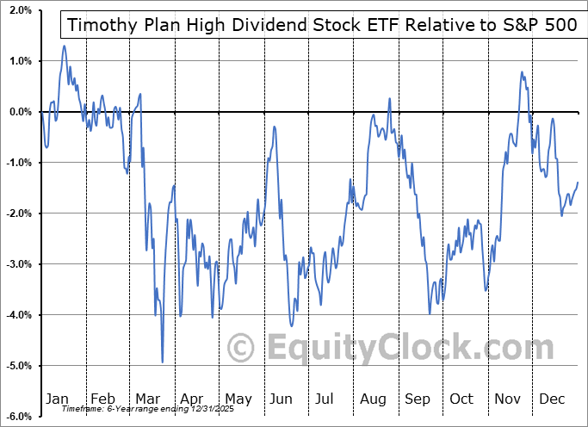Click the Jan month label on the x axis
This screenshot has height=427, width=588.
(57, 399)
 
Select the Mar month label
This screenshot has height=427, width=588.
(148, 399)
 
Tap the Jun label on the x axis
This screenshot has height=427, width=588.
(282, 399)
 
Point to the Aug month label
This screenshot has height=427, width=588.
(372, 399)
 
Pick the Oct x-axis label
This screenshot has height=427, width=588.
(462, 399)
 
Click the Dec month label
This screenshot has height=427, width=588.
(553, 399)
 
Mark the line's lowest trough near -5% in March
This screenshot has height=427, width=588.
(163, 362)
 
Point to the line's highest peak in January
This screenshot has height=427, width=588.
(64, 46)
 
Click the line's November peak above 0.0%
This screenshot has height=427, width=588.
(523, 72)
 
